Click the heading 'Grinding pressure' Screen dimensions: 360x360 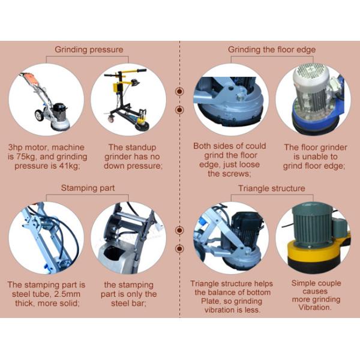point(89,50)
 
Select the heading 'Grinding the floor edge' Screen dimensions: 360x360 point(272,50)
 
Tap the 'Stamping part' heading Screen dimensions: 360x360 point(88,188)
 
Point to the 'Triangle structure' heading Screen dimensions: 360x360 point(272,188)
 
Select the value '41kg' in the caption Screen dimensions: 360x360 point(70,166)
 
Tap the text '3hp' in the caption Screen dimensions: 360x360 point(16,148)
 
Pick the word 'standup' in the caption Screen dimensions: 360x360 point(142,148)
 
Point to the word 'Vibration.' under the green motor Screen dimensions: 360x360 point(314,307)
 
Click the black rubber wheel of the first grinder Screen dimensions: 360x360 point(39,115)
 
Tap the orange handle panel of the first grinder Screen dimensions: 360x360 point(32,79)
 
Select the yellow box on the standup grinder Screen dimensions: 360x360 point(118,88)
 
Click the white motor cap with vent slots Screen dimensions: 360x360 point(311,74)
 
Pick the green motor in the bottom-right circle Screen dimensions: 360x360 point(312,224)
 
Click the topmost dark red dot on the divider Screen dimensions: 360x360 point(179,91)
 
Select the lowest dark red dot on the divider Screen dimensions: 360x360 point(179,248)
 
